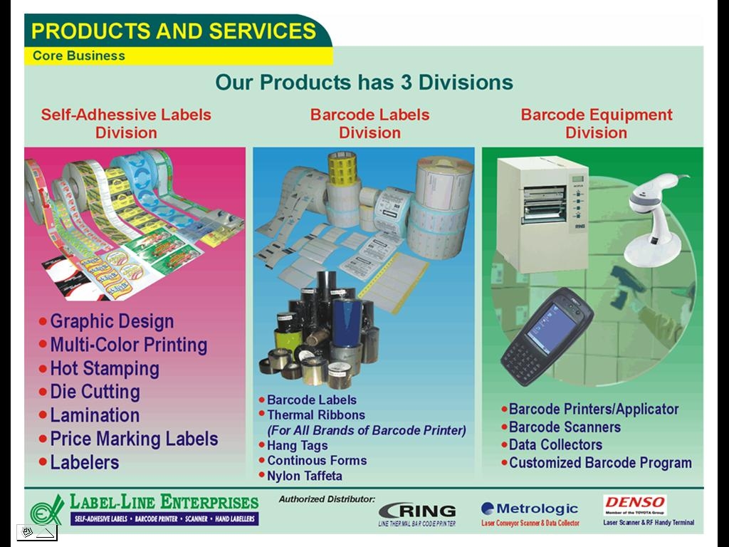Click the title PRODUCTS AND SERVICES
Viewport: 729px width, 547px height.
(174, 31)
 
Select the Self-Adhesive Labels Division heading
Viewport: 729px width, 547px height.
(126, 123)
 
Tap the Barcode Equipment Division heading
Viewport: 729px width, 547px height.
(597, 123)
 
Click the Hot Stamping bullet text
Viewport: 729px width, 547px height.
(104, 369)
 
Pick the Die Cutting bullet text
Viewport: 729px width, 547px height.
(95, 392)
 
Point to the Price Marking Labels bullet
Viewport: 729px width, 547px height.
(134, 439)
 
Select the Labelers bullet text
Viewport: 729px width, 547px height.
(84, 462)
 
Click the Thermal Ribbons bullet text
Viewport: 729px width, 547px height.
(315, 415)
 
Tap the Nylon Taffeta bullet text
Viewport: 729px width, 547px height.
(304, 476)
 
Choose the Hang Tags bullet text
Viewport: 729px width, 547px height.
(297, 445)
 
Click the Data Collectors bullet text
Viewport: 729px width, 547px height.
(555, 445)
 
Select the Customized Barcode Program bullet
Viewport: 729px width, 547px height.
(600, 463)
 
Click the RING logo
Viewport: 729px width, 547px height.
(417, 511)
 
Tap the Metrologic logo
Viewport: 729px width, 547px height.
(530, 509)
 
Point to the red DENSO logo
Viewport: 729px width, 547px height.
(634, 502)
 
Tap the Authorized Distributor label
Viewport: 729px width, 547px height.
(327, 499)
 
